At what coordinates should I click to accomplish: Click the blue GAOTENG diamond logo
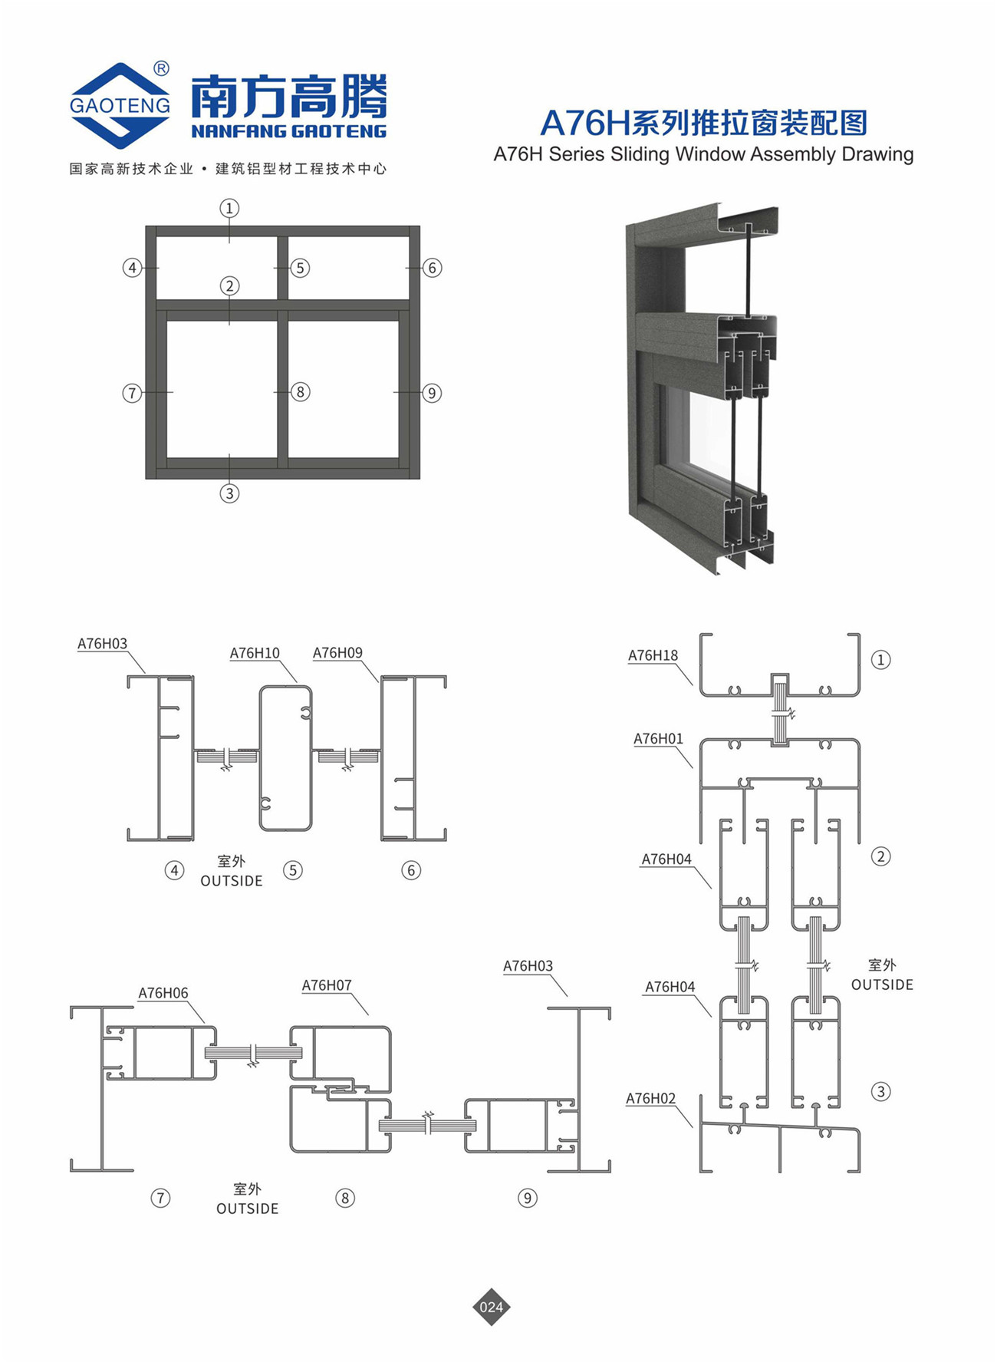pyautogui.click(x=120, y=105)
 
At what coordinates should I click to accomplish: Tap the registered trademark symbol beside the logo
pyautogui.click(x=161, y=68)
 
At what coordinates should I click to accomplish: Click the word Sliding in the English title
pyautogui.click(x=640, y=154)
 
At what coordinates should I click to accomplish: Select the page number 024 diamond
pyautogui.click(x=491, y=1307)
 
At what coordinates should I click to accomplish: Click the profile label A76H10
pyautogui.click(x=255, y=653)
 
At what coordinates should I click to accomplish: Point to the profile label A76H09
pyautogui.click(x=337, y=653)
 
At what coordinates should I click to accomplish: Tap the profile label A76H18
pyautogui.click(x=653, y=655)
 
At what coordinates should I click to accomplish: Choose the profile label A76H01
pyautogui.click(x=658, y=739)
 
